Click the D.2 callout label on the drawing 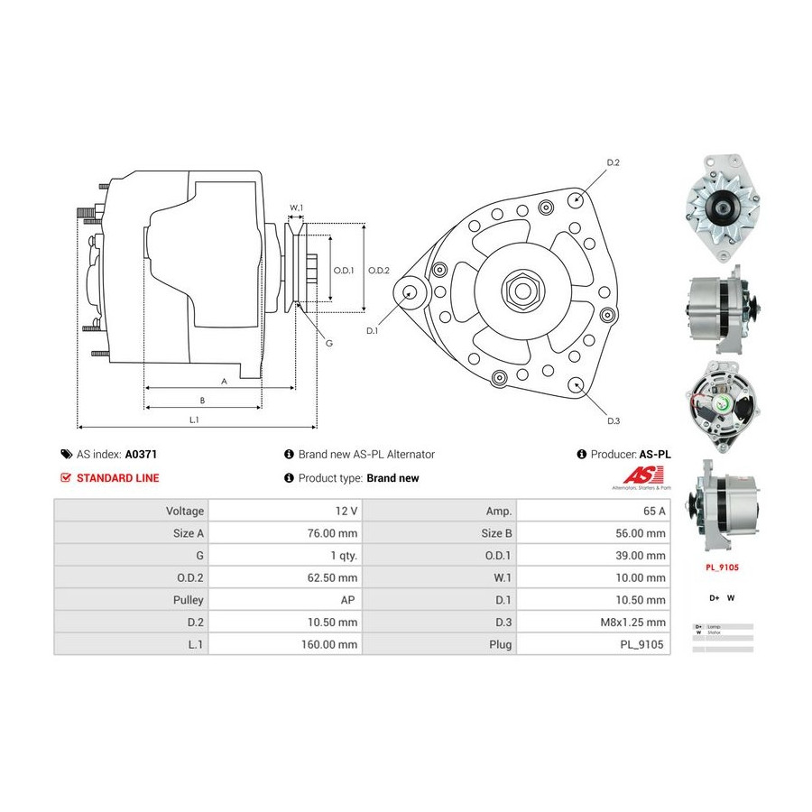click(613, 162)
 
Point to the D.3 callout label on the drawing click(613, 420)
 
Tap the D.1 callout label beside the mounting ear click(373, 331)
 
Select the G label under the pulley click(328, 343)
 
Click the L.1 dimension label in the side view click(194, 419)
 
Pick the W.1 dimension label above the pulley click(296, 208)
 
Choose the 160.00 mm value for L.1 click(332, 645)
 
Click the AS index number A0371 click(141, 455)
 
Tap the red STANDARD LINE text click(117, 478)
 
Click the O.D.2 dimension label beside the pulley click(379, 270)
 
